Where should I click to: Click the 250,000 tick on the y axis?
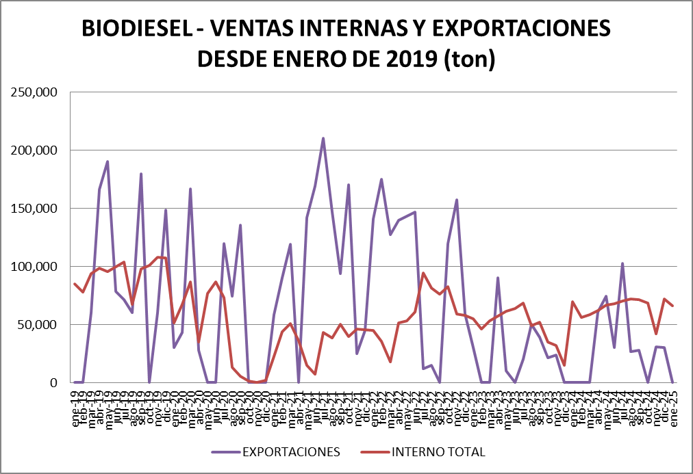[34, 92]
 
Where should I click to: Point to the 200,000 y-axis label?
[34, 150]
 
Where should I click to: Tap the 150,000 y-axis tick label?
[34, 209]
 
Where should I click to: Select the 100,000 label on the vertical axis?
[34, 267]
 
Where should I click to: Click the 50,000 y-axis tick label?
[38, 325]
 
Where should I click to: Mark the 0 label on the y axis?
[52, 383]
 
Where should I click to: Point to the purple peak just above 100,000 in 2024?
[622, 263]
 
